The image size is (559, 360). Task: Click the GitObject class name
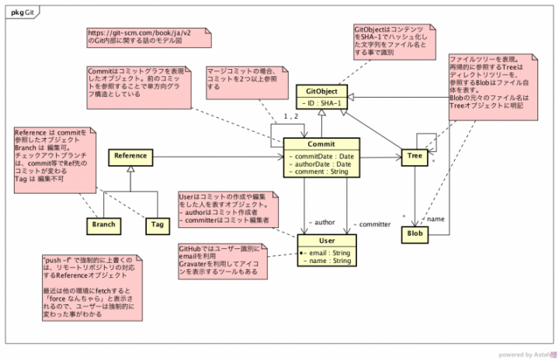(x=321, y=92)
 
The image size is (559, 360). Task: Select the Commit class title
(x=321, y=144)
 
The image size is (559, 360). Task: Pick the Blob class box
(x=415, y=233)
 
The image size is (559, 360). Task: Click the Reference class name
(x=130, y=156)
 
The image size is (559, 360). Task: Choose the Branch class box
(x=103, y=225)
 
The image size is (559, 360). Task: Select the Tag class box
(x=158, y=225)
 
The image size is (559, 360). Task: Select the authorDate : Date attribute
(x=321, y=164)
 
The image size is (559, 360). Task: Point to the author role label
(x=322, y=223)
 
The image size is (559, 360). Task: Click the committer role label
(x=372, y=224)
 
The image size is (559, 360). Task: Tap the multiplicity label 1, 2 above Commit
(x=291, y=116)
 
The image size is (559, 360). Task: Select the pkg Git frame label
(x=23, y=11)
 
